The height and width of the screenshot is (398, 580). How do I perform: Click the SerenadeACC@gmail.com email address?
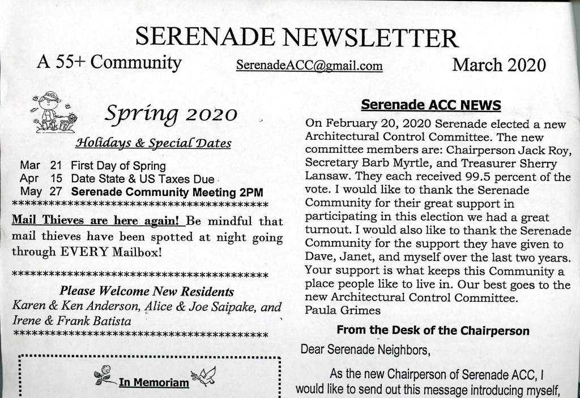[309, 66]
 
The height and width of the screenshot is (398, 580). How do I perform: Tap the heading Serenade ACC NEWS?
[430, 105]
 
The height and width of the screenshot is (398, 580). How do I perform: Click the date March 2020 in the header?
[498, 65]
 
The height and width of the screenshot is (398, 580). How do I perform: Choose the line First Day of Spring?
[118, 166]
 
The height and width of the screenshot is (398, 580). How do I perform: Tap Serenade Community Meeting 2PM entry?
[169, 191]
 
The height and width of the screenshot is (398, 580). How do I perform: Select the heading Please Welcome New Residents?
[147, 292]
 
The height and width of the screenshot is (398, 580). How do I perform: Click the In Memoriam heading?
[153, 383]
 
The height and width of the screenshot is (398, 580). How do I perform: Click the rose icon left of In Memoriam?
[104, 376]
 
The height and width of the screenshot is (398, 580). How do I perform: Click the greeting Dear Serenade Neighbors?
[365, 349]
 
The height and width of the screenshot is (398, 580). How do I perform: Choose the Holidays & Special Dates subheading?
[153, 142]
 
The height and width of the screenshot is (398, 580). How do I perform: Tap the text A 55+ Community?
[109, 62]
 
